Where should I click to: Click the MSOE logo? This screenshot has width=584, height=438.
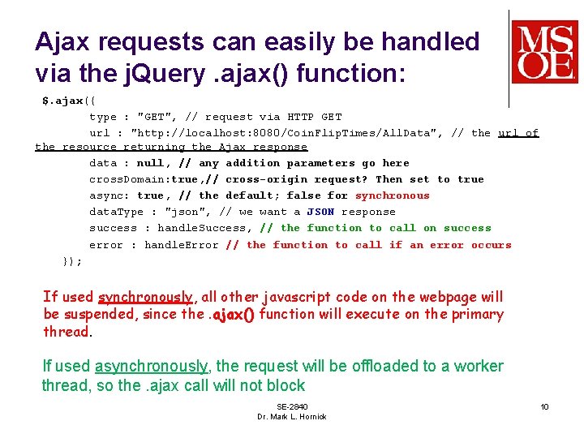coord(544,52)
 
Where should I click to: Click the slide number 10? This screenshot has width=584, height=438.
coord(545,406)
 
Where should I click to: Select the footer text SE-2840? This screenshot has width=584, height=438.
coord(291,406)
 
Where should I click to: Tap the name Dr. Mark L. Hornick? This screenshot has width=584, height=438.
coord(291,417)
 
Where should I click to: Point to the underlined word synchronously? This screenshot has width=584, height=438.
coord(145,298)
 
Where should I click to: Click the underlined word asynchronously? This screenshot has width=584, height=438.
coord(151,367)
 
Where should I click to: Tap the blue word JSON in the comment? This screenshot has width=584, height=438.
coord(320,212)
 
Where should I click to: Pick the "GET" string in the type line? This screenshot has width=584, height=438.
coord(164,117)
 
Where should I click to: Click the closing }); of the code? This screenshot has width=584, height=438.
coord(72,261)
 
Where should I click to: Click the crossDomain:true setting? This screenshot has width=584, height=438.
coord(143,179)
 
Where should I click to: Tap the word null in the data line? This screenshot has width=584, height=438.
coord(150,163)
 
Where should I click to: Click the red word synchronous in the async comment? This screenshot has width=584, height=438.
coord(393,195)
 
